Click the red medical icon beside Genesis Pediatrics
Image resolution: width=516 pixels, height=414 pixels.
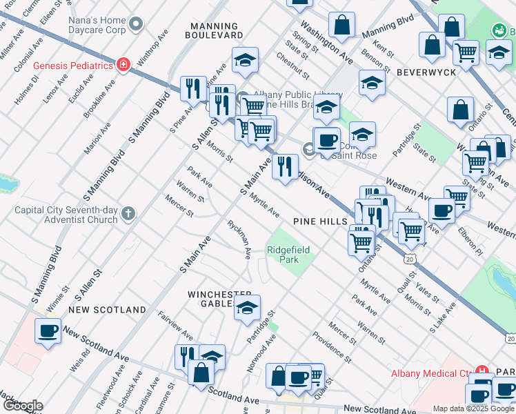[x=123, y=66]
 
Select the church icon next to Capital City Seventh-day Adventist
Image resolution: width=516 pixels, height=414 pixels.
[x=128, y=214]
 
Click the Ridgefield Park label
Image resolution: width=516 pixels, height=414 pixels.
[x=288, y=255]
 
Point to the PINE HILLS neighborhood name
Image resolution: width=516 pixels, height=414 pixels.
[x=319, y=221]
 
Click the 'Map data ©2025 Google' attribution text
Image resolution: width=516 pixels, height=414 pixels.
[x=473, y=408]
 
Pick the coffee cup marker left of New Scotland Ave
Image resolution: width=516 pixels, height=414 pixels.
[x=48, y=331]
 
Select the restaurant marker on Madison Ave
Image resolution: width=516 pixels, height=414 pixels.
[x=284, y=166]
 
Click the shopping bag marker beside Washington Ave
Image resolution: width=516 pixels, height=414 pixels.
[x=341, y=26]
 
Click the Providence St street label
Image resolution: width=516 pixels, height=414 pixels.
[x=332, y=341]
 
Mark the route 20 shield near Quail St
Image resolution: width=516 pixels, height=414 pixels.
[x=410, y=259]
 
